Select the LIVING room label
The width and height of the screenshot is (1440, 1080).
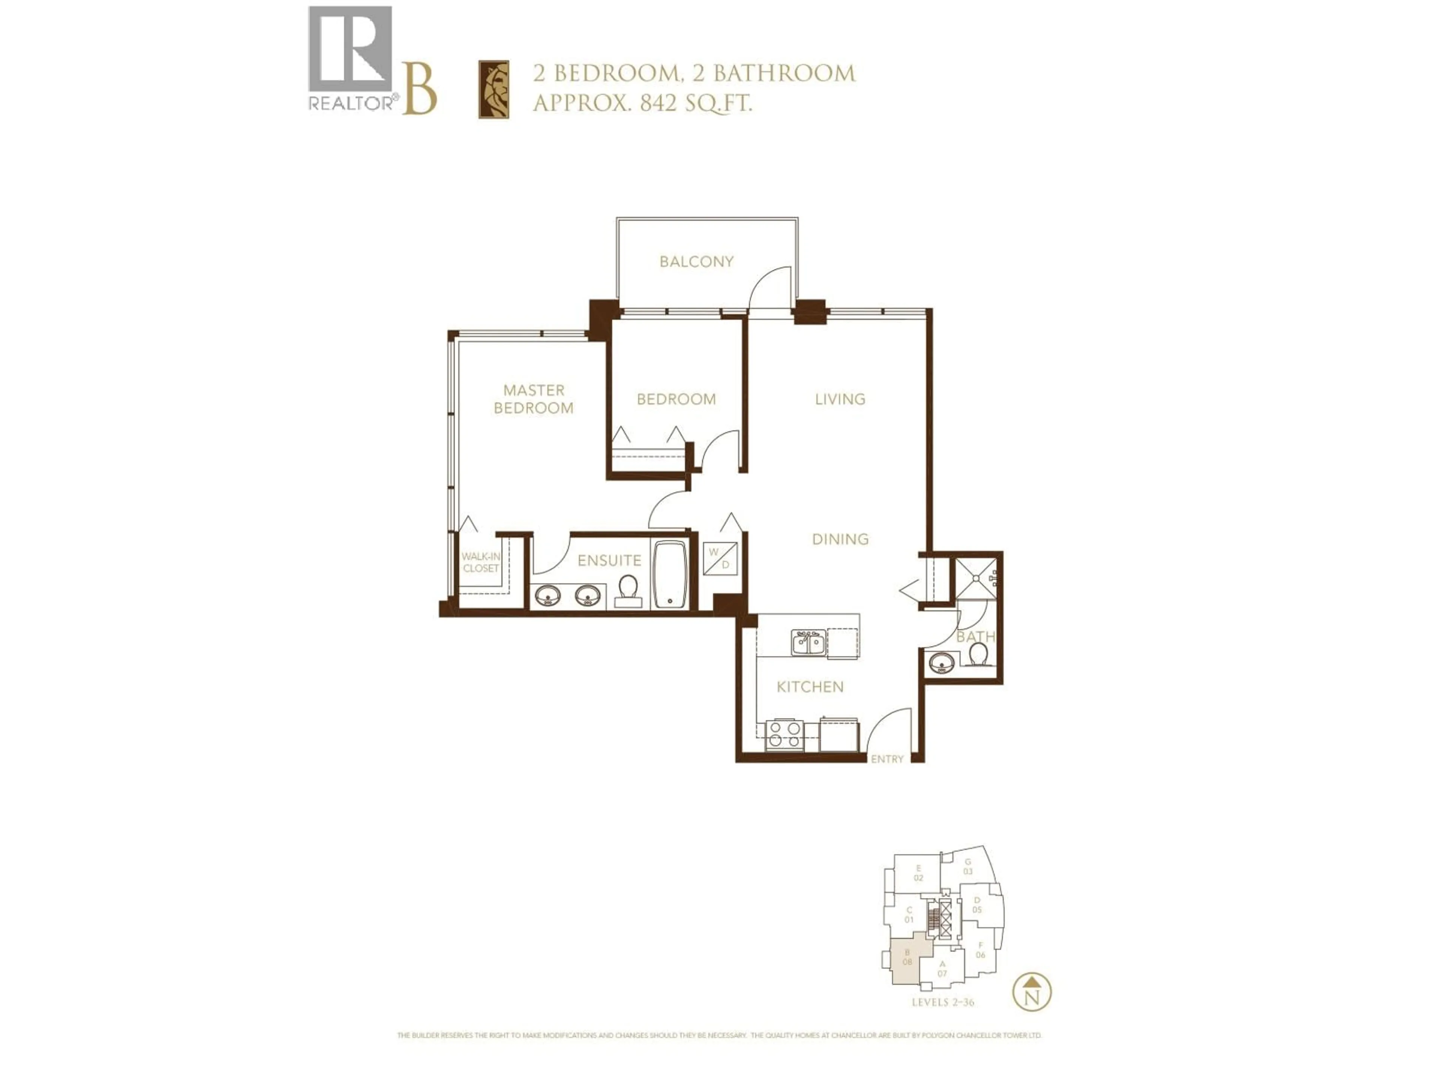(840, 399)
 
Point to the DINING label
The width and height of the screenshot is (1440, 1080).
(840, 539)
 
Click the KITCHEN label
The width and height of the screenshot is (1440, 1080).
(810, 687)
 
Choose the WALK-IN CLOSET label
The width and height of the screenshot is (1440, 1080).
(480, 562)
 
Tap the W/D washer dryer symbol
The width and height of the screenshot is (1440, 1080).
(720, 558)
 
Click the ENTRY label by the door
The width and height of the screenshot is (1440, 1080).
(887, 759)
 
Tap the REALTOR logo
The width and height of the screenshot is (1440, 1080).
(350, 58)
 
